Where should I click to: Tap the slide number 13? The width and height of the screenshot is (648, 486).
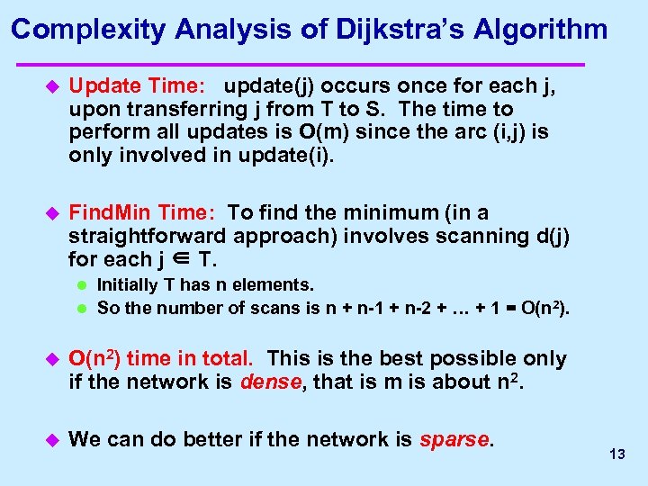616,454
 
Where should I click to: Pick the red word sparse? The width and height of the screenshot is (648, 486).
455,439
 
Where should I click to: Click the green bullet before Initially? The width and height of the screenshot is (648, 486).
80,285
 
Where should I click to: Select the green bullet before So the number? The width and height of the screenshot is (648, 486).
80,309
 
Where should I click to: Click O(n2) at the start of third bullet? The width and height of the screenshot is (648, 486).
94,358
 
